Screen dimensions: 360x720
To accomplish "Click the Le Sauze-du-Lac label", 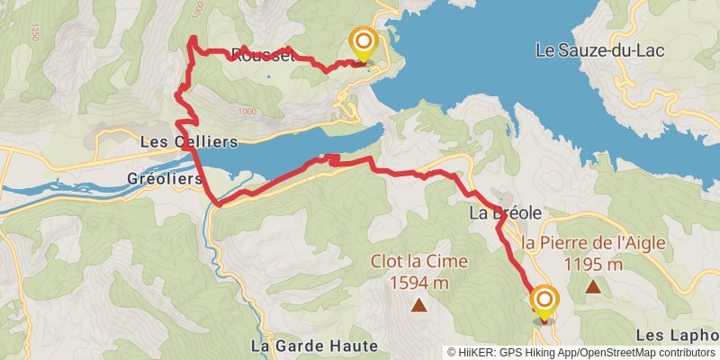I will pyautogui.click(x=612, y=50).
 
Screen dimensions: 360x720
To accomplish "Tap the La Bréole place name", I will pyautogui.click(x=505, y=213).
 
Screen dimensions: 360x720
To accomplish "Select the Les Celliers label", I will pyautogui.click(x=189, y=142).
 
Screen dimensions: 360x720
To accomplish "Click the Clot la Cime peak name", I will pyautogui.click(x=419, y=262).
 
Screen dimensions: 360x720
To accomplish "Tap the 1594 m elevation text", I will pyautogui.click(x=419, y=283).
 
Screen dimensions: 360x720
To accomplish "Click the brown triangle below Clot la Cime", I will pyautogui.click(x=419, y=305).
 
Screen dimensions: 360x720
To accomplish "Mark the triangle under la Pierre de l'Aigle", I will pyautogui.click(x=593, y=286).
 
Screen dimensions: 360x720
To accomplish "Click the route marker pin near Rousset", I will pyautogui.click(x=364, y=43).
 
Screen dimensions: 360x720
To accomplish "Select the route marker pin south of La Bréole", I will pyautogui.click(x=544, y=301).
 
